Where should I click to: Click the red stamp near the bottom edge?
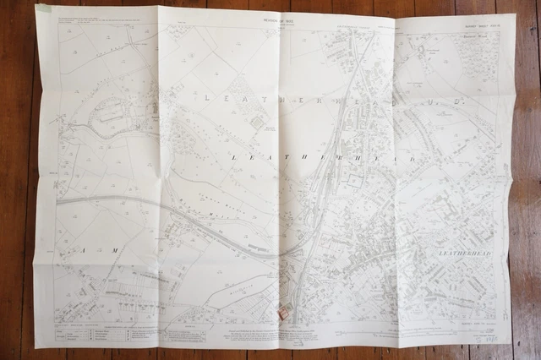(x=284, y=314)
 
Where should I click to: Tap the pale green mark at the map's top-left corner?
(x=44, y=9)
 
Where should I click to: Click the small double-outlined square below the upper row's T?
(x=257, y=123)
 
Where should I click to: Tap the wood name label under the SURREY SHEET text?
(x=478, y=37)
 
